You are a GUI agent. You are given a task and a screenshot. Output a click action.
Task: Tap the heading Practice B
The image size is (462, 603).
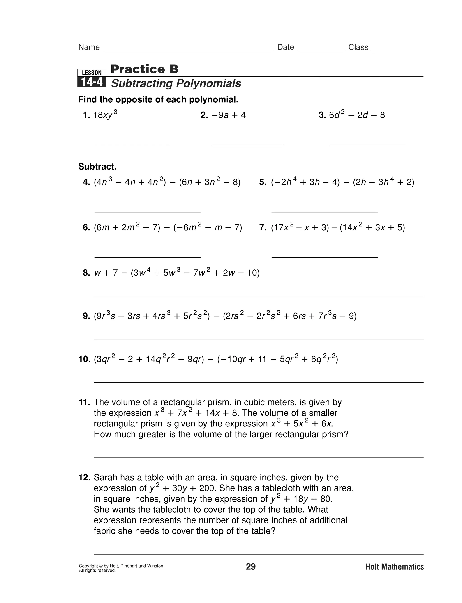[144, 69]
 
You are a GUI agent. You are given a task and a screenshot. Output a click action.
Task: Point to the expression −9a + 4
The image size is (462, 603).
[229, 115]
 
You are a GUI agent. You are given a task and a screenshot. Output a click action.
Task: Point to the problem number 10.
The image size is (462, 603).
[84, 359]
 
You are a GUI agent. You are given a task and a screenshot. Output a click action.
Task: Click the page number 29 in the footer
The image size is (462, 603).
[251, 567]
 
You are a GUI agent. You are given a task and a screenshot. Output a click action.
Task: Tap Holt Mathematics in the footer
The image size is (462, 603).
[394, 567]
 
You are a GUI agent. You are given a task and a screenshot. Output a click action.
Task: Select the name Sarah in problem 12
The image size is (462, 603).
[106, 477]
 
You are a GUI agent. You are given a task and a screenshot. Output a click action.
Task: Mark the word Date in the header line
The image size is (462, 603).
[285, 47]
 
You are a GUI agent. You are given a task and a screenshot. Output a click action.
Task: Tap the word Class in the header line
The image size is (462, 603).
[358, 47]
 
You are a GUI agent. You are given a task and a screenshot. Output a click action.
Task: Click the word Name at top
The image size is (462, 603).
[89, 47]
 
